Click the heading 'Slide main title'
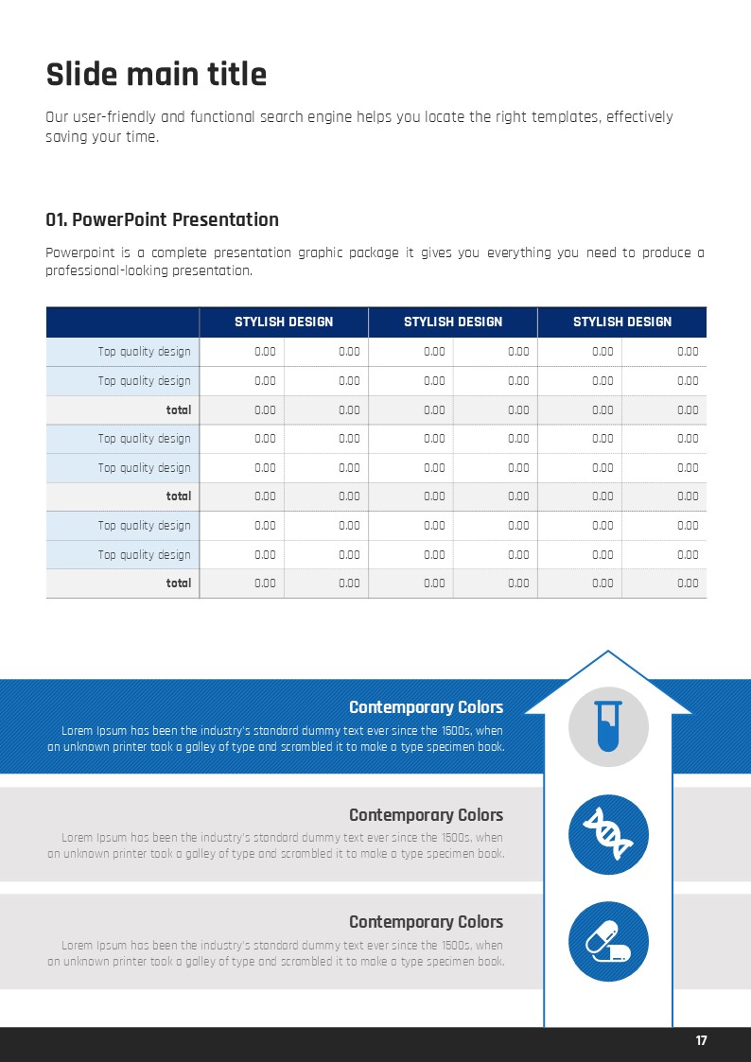pyautogui.click(x=156, y=74)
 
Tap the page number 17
pyautogui.click(x=701, y=1041)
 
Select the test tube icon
pyautogui.click(x=608, y=725)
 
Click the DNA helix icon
pyautogui.click(x=608, y=834)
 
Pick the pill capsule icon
pyautogui.click(x=608, y=942)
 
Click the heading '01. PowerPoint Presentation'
pyautogui.click(x=162, y=219)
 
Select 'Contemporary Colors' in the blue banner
pyautogui.click(x=426, y=707)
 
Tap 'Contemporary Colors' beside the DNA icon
pyautogui.click(x=426, y=815)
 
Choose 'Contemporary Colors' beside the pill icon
pyautogui.click(x=426, y=922)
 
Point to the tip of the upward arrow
pyautogui.click(x=607, y=653)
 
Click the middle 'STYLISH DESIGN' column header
pyautogui.click(x=453, y=322)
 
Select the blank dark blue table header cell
pyautogui.click(x=122, y=322)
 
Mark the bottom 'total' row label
pyautogui.click(x=179, y=583)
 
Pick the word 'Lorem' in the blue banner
pyautogui.click(x=78, y=731)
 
